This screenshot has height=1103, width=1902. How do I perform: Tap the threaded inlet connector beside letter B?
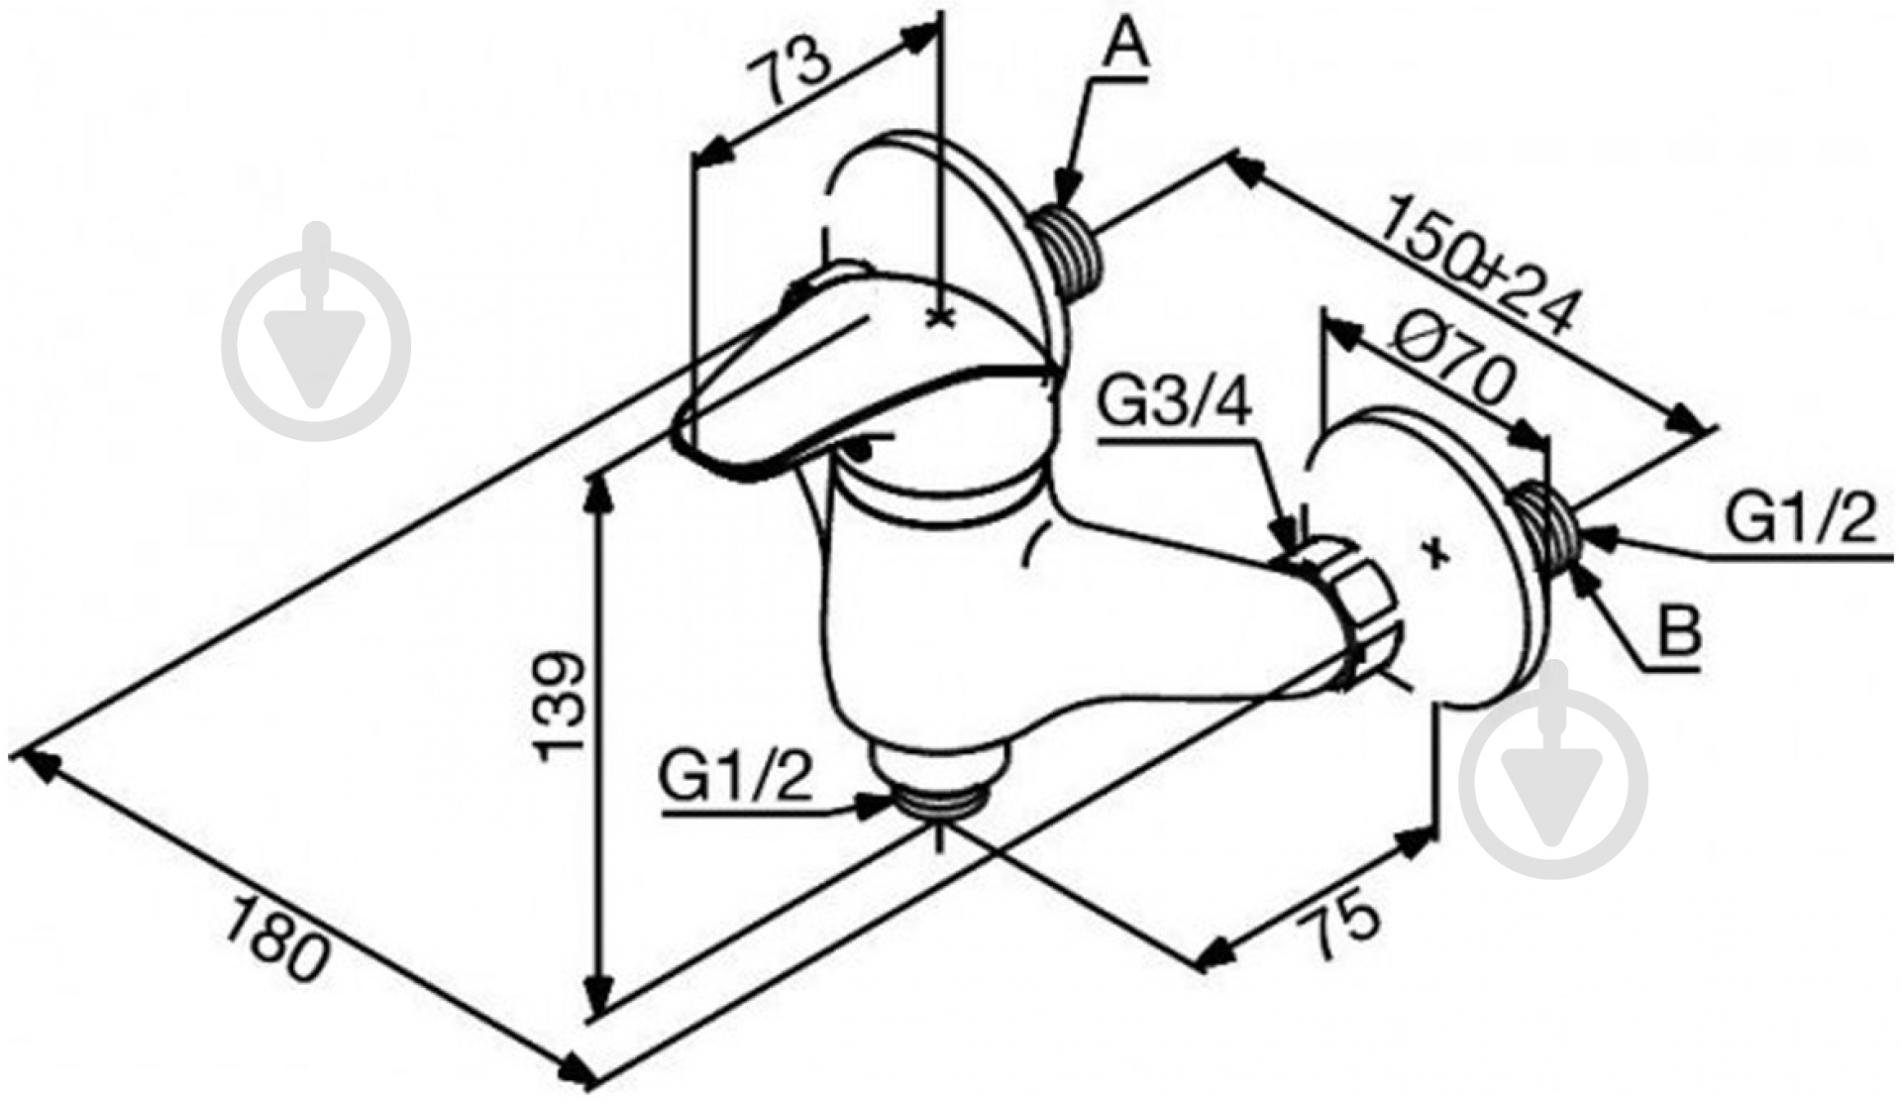(x=1547, y=523)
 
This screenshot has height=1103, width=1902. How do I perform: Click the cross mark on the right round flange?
(x=1436, y=552)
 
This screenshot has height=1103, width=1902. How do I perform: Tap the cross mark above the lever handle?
(x=938, y=317)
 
